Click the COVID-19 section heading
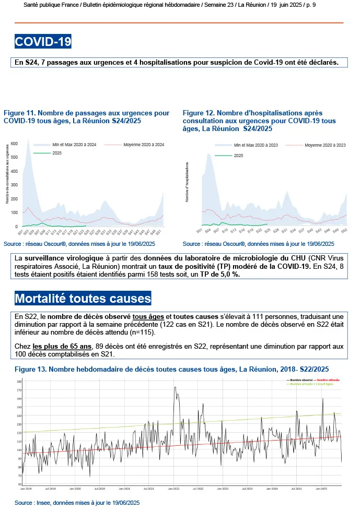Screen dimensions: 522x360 (43, 42)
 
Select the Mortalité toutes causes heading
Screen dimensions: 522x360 (83, 299)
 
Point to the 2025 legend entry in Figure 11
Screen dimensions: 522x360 (56, 153)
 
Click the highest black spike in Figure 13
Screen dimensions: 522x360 (175, 387)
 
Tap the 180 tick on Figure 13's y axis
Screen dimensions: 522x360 (19, 382)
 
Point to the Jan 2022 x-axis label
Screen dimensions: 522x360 (174, 489)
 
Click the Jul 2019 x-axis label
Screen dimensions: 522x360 (51, 489)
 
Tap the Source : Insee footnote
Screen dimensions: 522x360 (77, 503)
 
